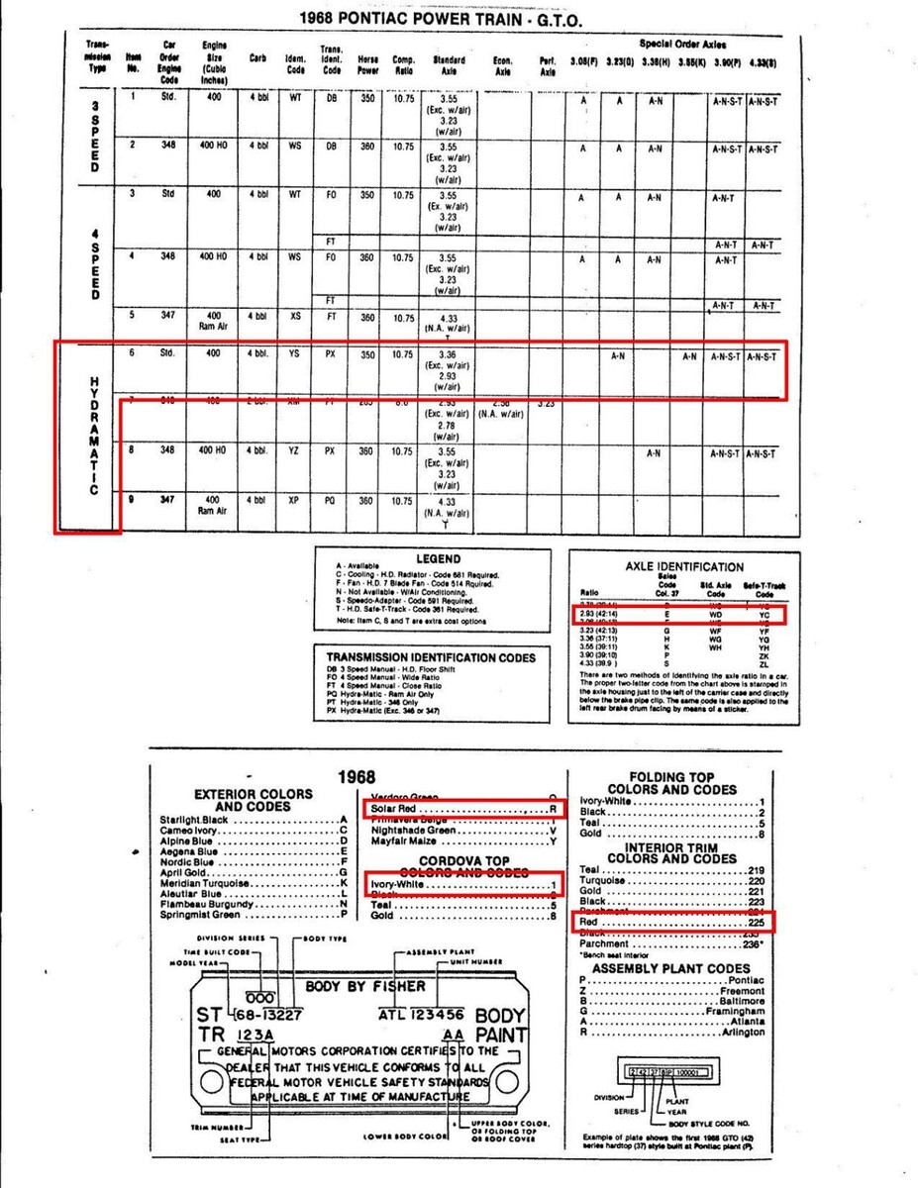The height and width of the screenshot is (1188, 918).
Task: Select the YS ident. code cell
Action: (294, 351)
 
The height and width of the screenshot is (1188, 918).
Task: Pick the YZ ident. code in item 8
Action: (294, 451)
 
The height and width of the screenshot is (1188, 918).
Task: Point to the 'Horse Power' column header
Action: (367, 65)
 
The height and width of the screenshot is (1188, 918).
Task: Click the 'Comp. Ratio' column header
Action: (403, 65)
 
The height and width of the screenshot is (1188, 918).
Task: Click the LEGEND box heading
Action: (438, 559)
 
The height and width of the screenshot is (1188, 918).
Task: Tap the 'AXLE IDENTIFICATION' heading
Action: (684, 567)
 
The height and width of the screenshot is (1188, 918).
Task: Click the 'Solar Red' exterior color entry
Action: (395, 809)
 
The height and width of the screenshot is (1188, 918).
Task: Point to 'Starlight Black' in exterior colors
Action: (195, 820)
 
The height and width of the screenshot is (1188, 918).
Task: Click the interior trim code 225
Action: (758, 922)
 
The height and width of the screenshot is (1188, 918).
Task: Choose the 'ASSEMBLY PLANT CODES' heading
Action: (672, 968)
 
